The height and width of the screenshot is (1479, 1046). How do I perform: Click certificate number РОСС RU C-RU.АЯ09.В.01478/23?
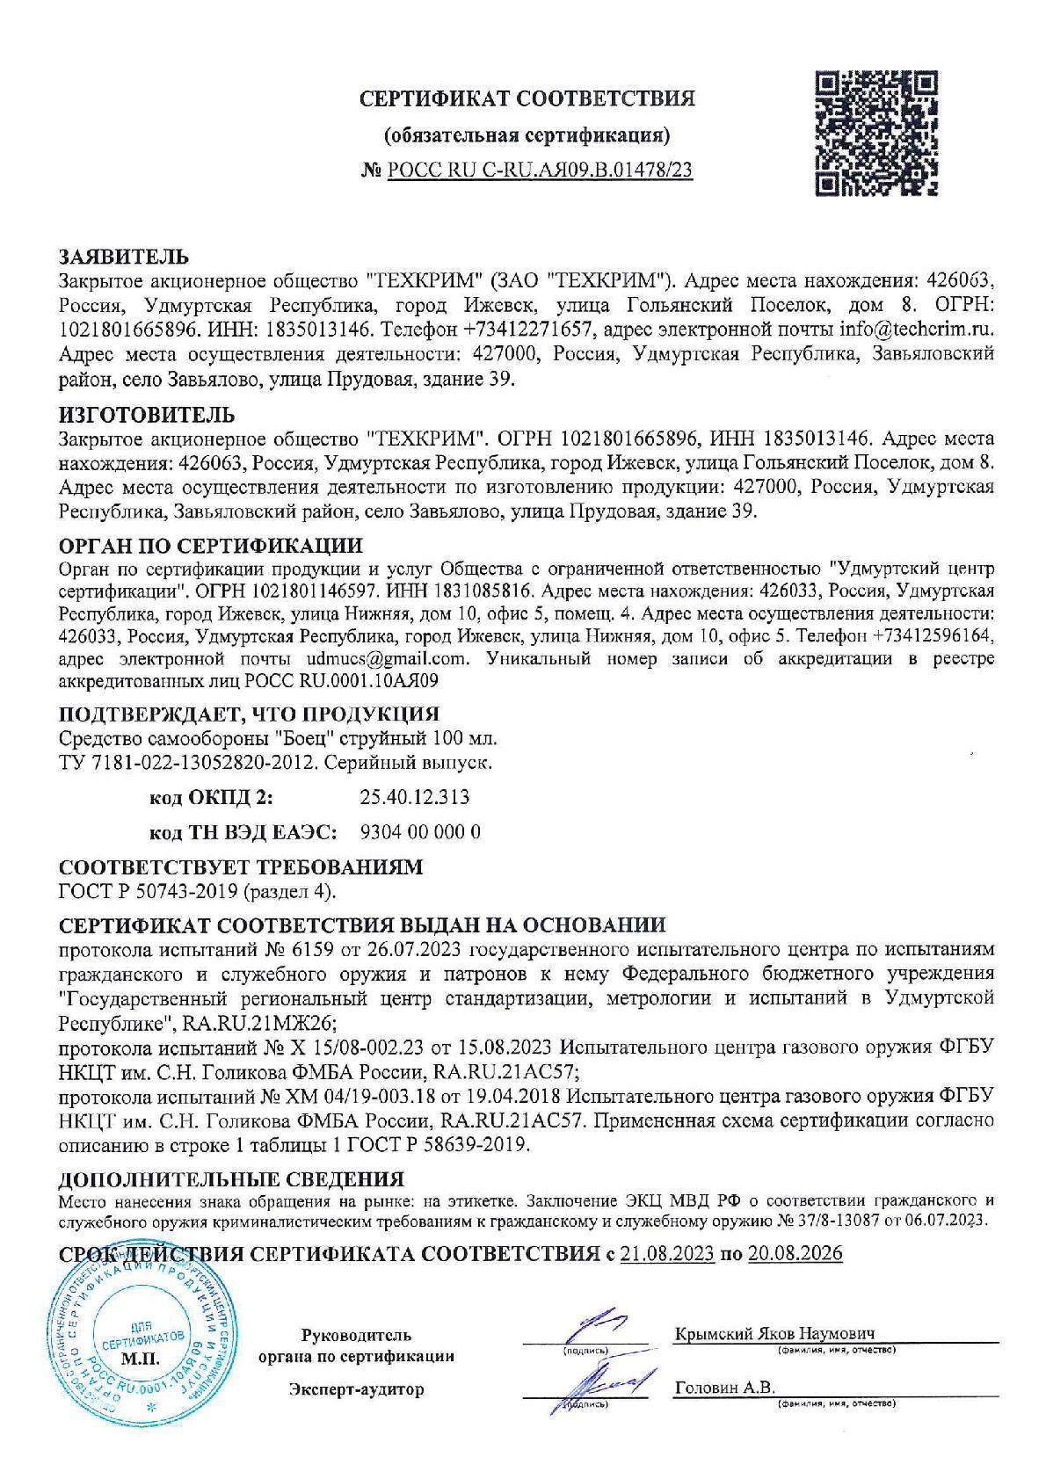[540, 171]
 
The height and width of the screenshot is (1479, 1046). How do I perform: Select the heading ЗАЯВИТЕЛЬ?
[123, 257]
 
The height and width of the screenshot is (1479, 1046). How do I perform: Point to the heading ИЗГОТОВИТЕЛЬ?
[147, 415]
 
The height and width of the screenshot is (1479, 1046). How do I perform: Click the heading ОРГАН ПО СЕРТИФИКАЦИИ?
[210, 547]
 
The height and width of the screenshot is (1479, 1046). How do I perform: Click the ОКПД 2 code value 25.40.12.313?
[414, 797]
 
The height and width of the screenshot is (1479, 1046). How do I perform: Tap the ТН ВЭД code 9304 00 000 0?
[420, 831]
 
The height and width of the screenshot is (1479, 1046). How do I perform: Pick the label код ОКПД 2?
[211, 797]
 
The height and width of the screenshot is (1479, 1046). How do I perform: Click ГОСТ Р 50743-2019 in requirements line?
[148, 891]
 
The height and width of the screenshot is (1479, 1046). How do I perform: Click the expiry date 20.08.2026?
[795, 1253]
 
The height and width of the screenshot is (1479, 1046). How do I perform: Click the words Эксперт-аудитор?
[356, 1389]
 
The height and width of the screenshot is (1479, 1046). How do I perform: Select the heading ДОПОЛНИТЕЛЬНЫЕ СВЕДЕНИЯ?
[231, 1178]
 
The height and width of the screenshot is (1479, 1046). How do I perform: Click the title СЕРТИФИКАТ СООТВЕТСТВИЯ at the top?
[527, 98]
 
